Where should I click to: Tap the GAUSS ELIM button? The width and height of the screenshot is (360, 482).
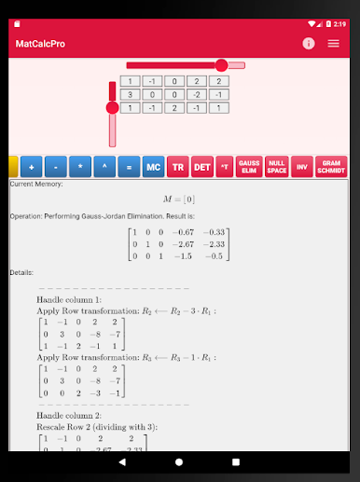pyautogui.click(x=249, y=167)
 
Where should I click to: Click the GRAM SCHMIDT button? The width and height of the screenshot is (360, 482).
pyautogui.click(x=331, y=167)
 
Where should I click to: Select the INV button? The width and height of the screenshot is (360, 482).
pyautogui.click(x=301, y=167)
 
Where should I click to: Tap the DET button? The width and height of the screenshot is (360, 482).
pyautogui.click(x=201, y=167)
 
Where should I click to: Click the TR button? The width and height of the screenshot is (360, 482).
pyautogui.click(x=177, y=167)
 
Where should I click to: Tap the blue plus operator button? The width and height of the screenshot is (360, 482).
pyautogui.click(x=32, y=167)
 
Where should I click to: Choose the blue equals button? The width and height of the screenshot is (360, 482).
pyautogui.click(x=129, y=167)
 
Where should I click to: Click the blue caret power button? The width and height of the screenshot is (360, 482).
pyautogui.click(x=104, y=167)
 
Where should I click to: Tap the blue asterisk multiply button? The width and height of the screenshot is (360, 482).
pyautogui.click(x=80, y=167)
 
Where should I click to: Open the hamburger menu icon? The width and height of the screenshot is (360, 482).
pyautogui.click(x=333, y=44)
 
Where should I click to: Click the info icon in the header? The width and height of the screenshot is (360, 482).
pyautogui.click(x=309, y=44)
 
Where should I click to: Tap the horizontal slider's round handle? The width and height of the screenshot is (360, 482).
pyautogui.click(x=221, y=65)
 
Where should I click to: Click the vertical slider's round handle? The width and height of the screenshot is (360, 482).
pyautogui.click(x=113, y=107)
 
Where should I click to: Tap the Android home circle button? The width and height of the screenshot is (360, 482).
pyautogui.click(x=180, y=463)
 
